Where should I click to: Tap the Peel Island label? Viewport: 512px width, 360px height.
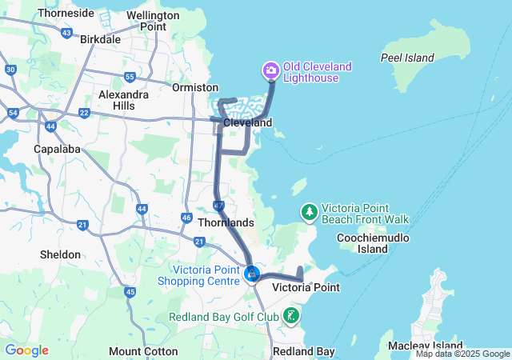[407, 58]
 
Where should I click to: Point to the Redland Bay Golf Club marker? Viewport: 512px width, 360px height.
[291, 316]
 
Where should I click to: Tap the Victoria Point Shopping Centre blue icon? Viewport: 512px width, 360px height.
[252, 274]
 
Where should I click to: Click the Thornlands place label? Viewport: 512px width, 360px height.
[226, 222]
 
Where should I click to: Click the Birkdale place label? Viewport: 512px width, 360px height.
[101, 38]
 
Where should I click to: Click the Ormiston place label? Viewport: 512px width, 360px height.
[194, 87]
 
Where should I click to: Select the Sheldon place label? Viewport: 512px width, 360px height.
[60, 254]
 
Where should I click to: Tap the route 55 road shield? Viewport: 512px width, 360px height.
[130, 77]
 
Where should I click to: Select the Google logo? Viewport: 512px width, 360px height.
[26, 350]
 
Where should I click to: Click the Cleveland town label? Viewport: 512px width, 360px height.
[248, 123]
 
